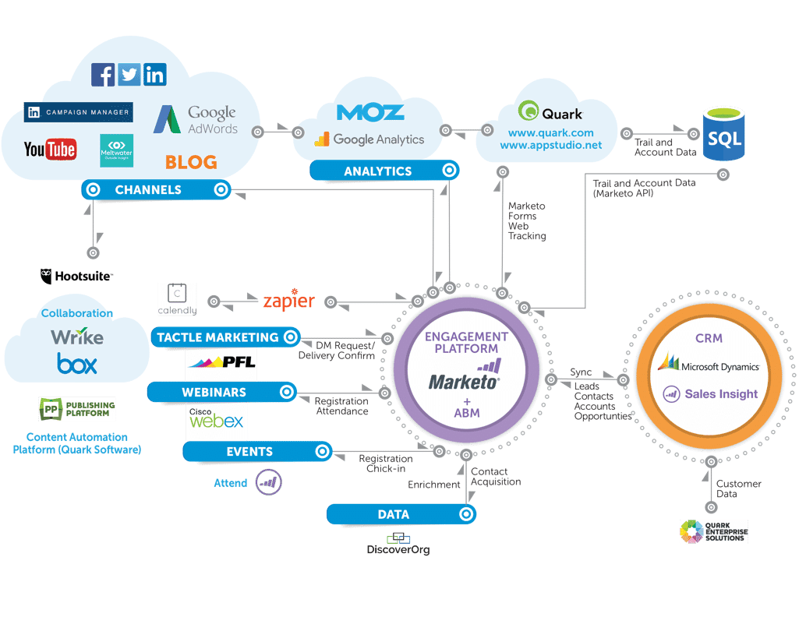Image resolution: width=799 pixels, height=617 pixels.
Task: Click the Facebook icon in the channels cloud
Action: click(103, 75)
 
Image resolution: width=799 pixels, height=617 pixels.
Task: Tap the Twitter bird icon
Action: click(129, 75)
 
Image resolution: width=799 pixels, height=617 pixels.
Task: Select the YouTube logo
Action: click(50, 150)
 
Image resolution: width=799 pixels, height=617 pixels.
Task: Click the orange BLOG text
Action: click(191, 162)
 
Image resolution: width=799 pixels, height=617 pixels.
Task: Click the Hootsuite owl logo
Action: click(77, 276)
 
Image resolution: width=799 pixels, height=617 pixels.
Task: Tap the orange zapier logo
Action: click(288, 301)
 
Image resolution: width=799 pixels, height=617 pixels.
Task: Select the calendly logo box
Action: click(177, 300)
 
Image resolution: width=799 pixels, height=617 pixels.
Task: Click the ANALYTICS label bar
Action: click(377, 171)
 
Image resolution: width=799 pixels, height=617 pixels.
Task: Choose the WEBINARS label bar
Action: click(214, 392)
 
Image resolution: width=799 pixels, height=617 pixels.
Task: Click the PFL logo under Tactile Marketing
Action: click(221, 361)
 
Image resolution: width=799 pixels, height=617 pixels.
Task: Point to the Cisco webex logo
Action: click(216, 421)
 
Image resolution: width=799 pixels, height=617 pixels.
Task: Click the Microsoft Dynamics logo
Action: click(709, 364)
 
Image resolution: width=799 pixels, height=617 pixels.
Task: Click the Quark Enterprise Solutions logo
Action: click(713, 531)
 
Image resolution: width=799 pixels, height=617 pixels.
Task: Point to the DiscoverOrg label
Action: click(398, 550)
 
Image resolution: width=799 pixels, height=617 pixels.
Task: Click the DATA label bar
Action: click(394, 514)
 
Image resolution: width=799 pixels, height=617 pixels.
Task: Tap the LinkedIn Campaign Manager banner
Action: click(78, 112)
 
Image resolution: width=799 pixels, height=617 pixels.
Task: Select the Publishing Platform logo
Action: click(77, 409)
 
